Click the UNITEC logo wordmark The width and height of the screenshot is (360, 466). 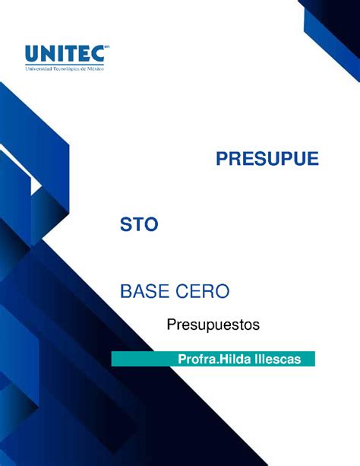point(65,53)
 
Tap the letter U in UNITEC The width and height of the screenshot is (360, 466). point(31,54)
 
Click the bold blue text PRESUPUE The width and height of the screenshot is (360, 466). point(267,158)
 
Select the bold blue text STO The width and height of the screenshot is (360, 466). point(139,224)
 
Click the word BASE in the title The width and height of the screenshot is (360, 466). point(145,291)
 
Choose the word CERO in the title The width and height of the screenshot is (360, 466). point(203,291)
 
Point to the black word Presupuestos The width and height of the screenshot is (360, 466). point(213,325)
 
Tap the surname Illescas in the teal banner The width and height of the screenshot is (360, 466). point(278,359)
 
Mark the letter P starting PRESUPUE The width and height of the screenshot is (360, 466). point(223,158)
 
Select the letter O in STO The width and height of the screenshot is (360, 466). point(151,224)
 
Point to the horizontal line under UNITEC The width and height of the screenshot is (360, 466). point(65,65)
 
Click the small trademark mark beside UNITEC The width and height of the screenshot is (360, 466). point(107,46)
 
